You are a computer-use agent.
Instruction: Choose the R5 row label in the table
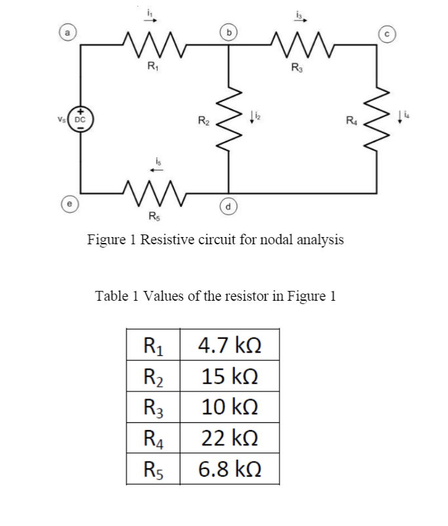pos(152,470)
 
